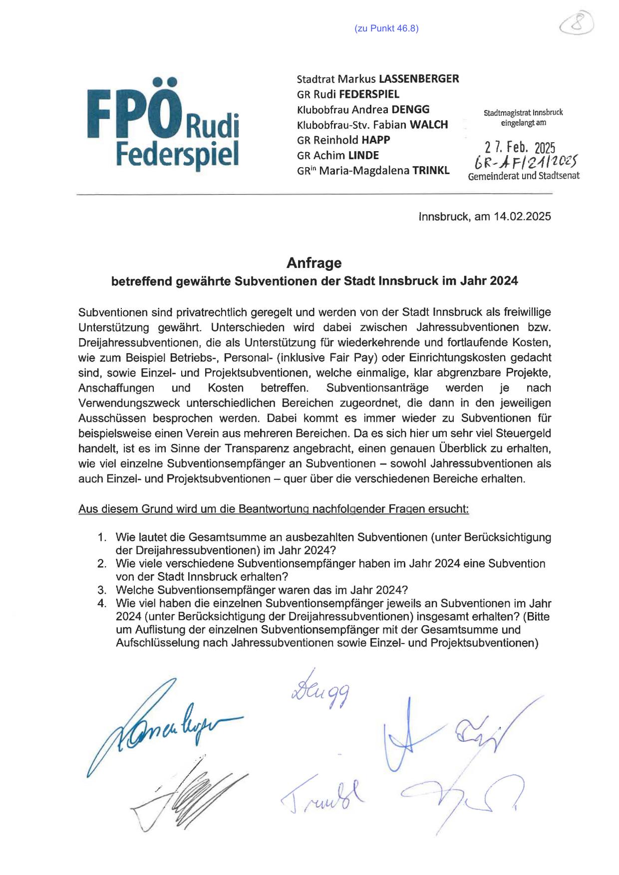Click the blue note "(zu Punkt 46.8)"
[x=386, y=28]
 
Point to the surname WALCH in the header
[x=429, y=125]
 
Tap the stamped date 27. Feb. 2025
[x=520, y=148]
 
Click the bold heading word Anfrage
[x=313, y=262]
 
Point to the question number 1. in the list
[x=102, y=537]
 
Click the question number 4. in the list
[x=102, y=603]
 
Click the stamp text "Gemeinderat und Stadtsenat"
[x=524, y=176]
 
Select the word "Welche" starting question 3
[x=134, y=590]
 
